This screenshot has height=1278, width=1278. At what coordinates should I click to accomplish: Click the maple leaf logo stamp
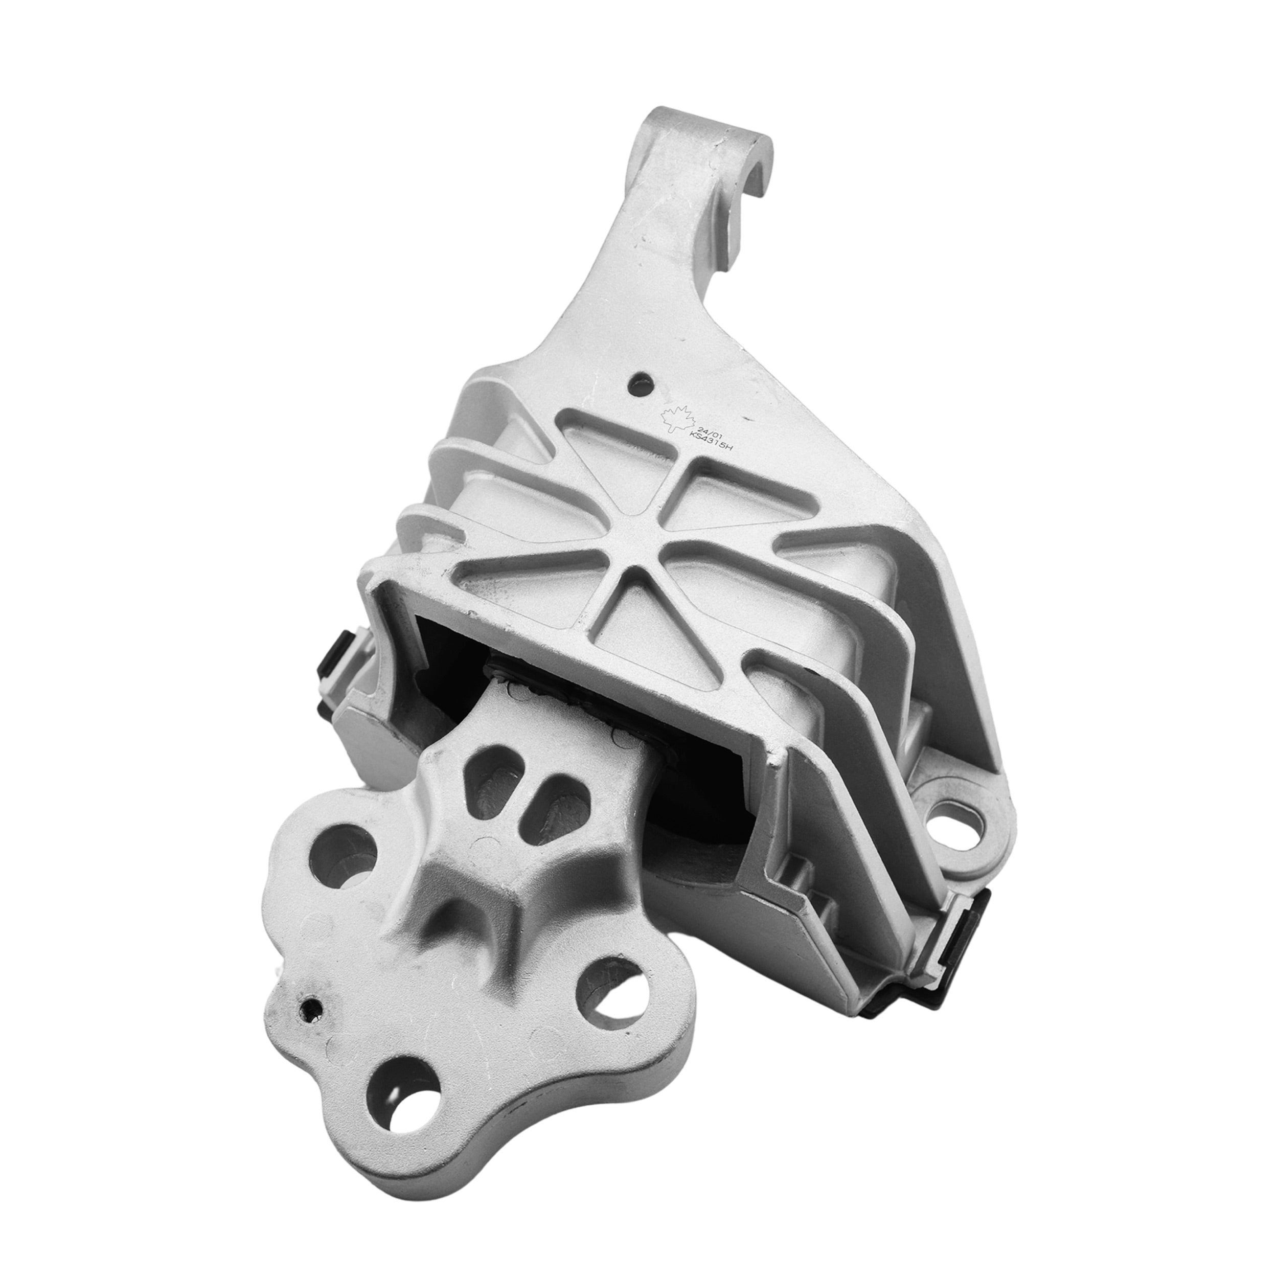click(676, 419)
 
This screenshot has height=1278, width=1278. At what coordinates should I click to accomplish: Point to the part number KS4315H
click(712, 441)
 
